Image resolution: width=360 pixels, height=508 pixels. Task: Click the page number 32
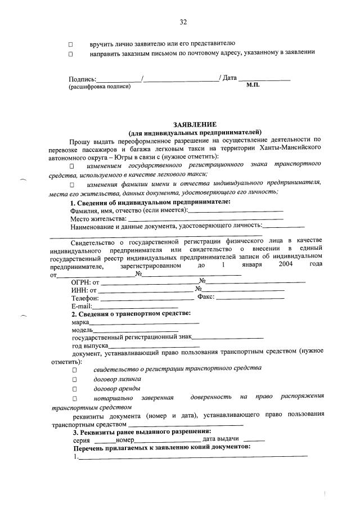pyautogui.click(x=183, y=22)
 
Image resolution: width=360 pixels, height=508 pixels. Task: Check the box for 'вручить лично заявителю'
pyautogui.click(x=71, y=44)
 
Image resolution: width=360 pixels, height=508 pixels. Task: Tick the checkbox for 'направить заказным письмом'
pyautogui.click(x=71, y=54)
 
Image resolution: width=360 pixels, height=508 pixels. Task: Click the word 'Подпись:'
pyautogui.click(x=82, y=78)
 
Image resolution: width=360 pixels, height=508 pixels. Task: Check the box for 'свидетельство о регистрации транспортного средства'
pyautogui.click(x=73, y=370)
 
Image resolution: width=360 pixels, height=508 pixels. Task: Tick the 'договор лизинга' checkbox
pyautogui.click(x=73, y=380)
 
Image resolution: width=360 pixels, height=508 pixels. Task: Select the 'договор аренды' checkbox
pyautogui.click(x=73, y=389)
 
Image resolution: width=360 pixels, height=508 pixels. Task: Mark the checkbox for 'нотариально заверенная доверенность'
pyautogui.click(x=73, y=399)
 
